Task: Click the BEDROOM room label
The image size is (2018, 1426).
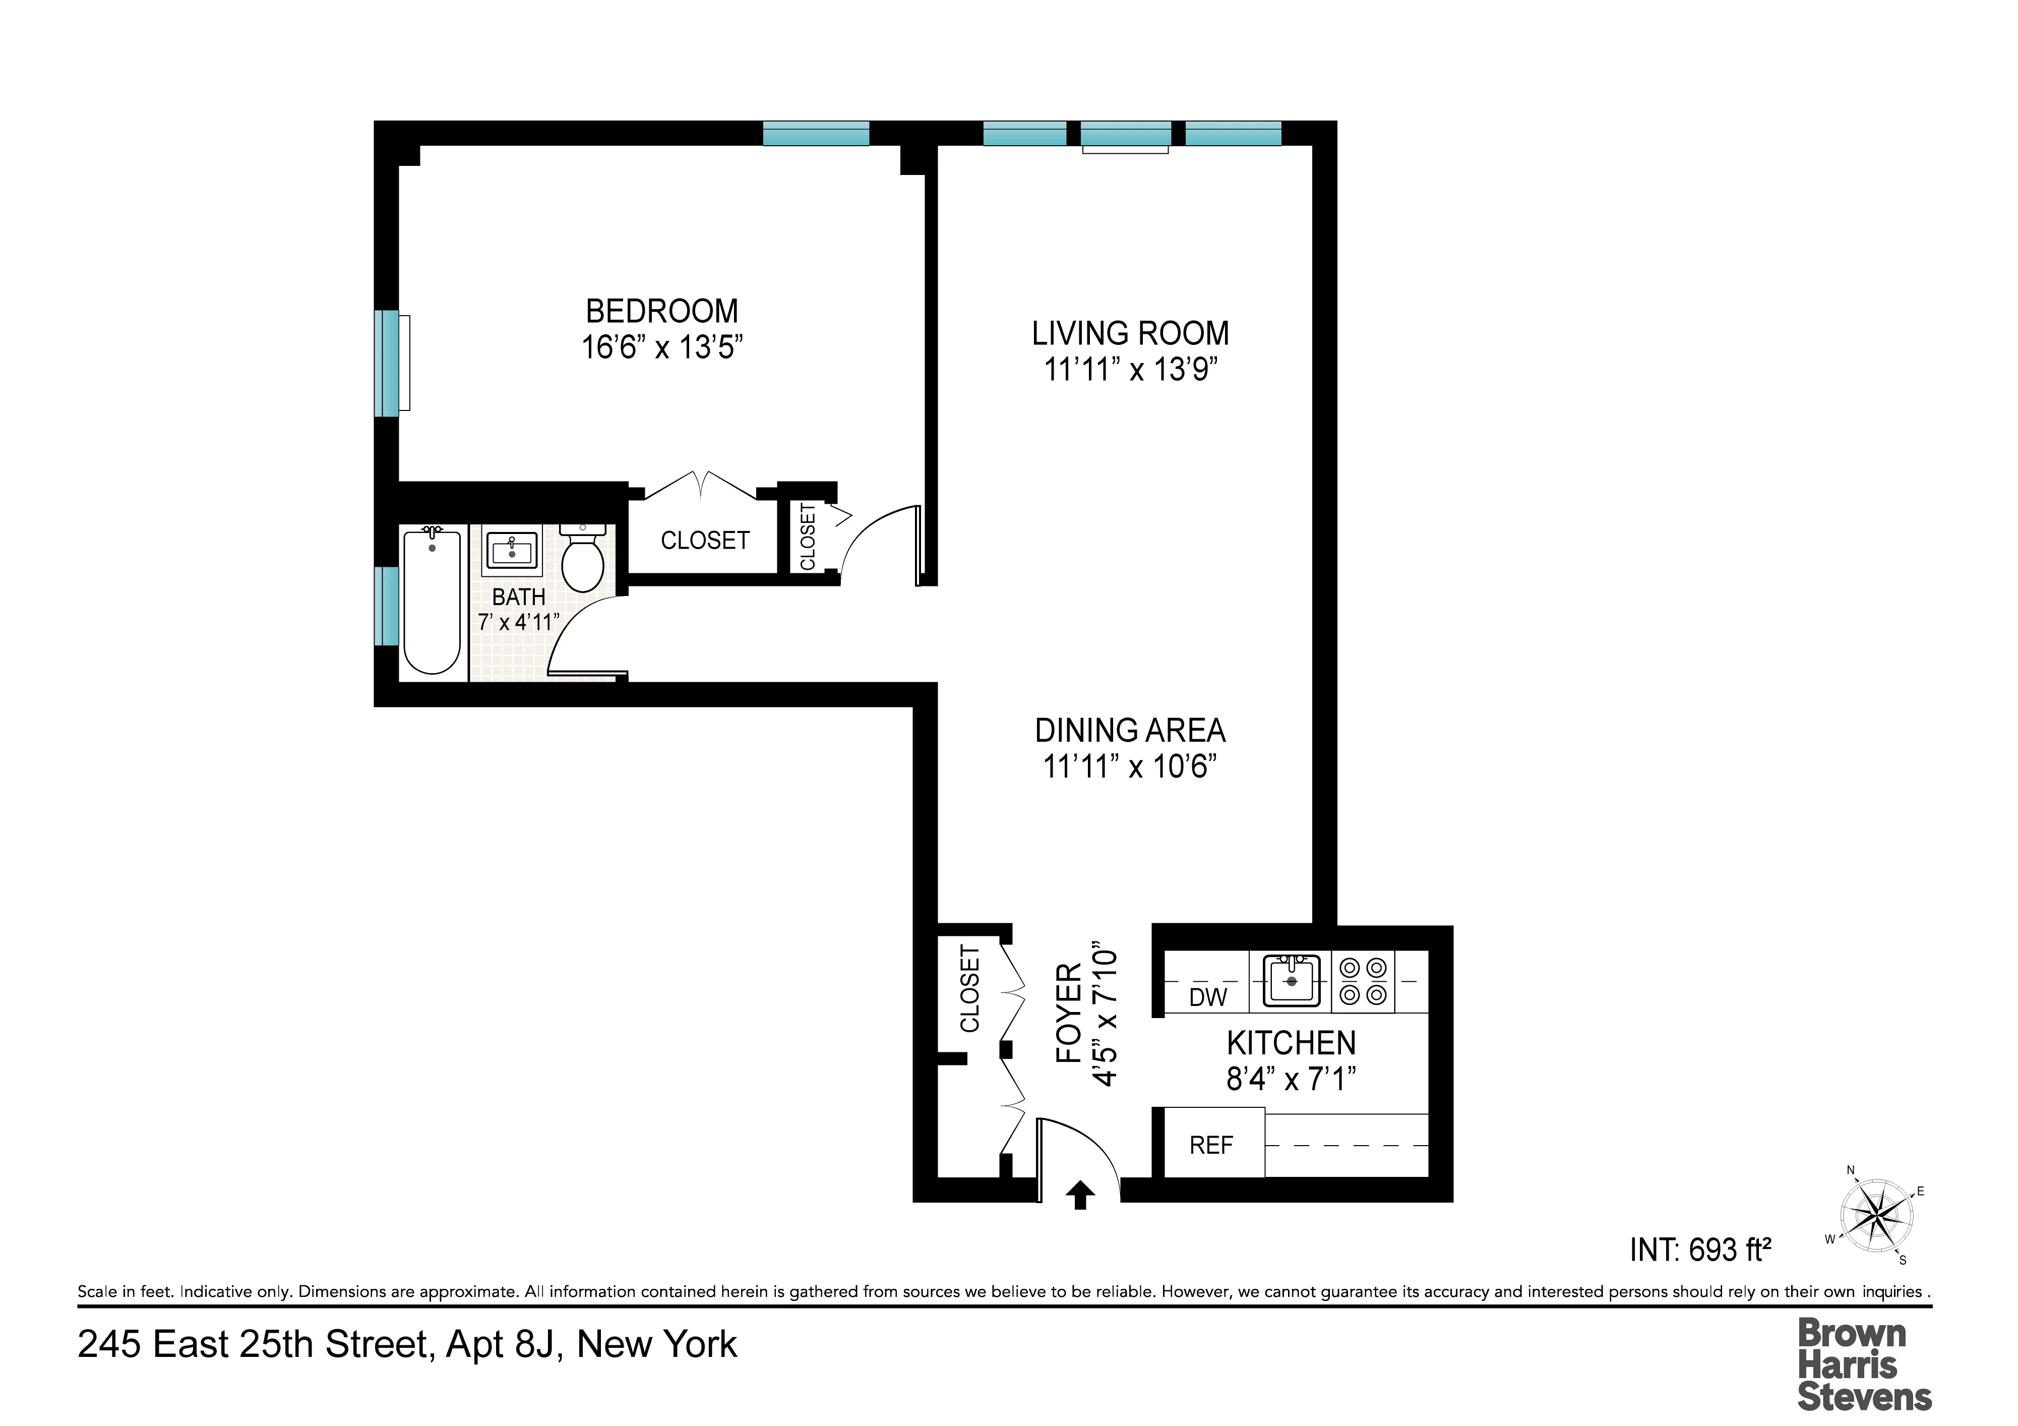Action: pyautogui.click(x=662, y=311)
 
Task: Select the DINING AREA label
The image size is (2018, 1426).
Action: pyautogui.click(x=1130, y=731)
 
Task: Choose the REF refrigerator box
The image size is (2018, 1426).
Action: pyautogui.click(x=1211, y=1145)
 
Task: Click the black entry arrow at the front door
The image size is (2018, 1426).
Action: pyautogui.click(x=1080, y=1196)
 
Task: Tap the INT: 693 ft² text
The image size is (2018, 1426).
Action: pyautogui.click(x=1700, y=1250)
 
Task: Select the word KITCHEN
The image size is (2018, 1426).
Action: pyautogui.click(x=1291, y=1044)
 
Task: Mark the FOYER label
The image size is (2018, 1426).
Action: pyautogui.click(x=1068, y=1013)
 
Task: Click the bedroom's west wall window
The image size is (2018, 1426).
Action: pyautogui.click(x=387, y=363)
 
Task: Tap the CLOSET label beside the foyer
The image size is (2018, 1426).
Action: pyautogui.click(x=969, y=988)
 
